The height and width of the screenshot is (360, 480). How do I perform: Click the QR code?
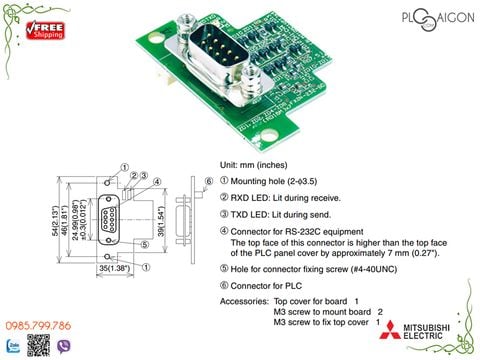pyautogui.click(x=38, y=346)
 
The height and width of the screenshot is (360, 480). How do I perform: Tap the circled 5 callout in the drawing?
pyautogui.click(x=145, y=243)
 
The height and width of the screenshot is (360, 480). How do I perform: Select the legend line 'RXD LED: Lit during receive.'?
pyautogui.click(x=284, y=198)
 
